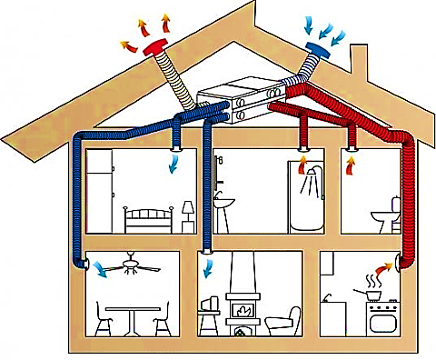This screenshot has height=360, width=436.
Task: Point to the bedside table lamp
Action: (x=188, y=210)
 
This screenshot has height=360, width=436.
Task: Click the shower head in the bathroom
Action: (x=312, y=169)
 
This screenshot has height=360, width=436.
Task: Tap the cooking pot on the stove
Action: (x=372, y=293)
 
